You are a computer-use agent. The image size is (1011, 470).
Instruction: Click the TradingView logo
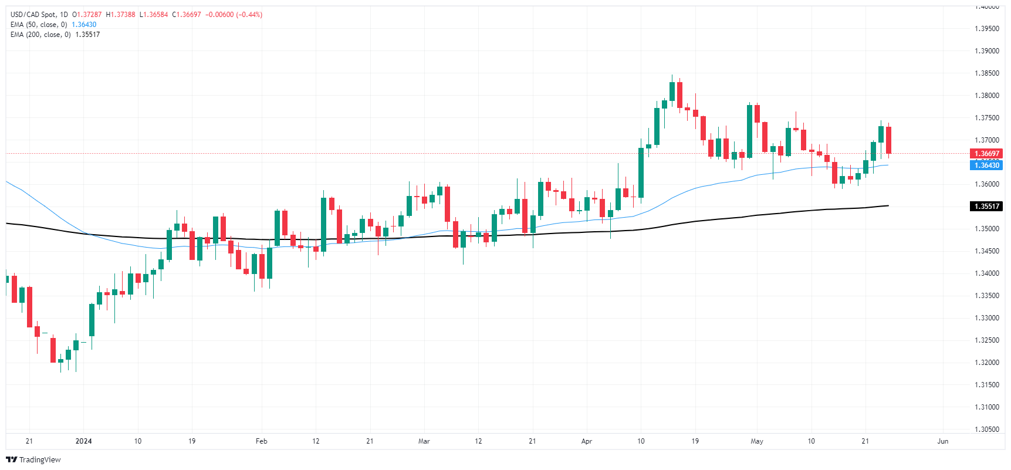pos(33,459)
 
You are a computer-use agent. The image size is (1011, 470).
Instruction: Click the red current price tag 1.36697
pos(986,154)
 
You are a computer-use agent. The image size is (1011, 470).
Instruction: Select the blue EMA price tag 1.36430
pos(986,165)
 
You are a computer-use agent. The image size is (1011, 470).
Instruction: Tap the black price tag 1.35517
pos(986,206)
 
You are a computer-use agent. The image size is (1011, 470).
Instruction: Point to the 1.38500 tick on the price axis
pos(986,73)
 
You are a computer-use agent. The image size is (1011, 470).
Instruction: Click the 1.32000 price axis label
pos(986,363)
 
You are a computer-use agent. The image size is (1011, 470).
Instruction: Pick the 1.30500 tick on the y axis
pos(986,430)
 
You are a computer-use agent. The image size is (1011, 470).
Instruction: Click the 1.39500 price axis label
pos(986,29)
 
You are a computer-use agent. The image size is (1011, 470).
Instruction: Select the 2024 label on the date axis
pos(83,441)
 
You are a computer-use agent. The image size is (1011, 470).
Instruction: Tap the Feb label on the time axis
pos(262,441)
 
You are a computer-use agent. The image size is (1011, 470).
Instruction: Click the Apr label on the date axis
pos(587,441)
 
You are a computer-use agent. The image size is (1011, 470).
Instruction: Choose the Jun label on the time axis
pos(942,441)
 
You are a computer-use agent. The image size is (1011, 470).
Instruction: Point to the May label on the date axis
pos(757,441)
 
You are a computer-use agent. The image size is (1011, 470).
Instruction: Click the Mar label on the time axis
pos(424,441)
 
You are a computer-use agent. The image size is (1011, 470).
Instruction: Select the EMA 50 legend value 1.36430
pos(84,25)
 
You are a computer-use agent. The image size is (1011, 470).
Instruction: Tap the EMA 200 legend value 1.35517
pos(87,35)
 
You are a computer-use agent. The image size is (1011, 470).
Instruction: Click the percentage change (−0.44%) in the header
pos(249,15)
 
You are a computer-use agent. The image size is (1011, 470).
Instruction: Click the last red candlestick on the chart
pos(889,140)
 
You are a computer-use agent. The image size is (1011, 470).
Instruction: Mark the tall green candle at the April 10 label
pos(641,173)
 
